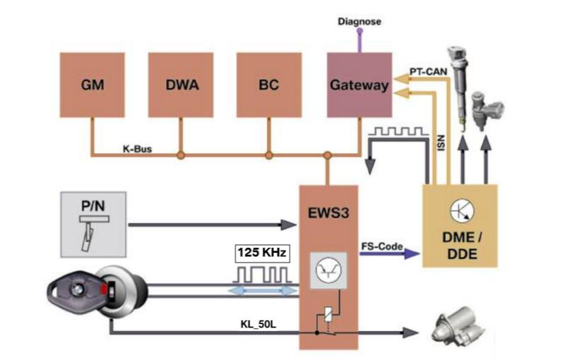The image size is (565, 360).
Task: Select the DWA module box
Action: [180, 85]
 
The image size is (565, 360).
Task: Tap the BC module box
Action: [268, 85]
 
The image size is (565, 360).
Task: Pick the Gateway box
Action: [359, 85]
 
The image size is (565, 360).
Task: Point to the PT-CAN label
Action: [428, 71]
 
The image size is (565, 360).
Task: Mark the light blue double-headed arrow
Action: [262, 291]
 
